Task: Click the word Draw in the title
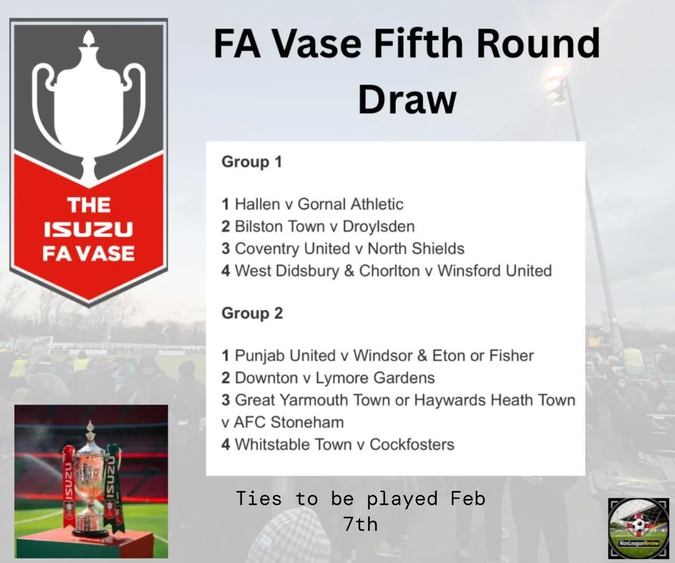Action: coord(407,99)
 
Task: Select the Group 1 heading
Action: coord(252,162)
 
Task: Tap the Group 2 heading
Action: coord(252,314)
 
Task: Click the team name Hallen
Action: coord(258,204)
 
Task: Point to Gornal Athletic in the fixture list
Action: coord(350,204)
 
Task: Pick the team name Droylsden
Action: coord(378,227)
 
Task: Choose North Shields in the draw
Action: coord(416,249)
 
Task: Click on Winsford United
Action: coord(495,271)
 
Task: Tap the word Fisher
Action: coord(511,356)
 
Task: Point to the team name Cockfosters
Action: coord(412,445)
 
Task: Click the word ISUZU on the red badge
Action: coord(88,230)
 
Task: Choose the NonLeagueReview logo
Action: coord(638,528)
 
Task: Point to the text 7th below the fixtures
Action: coord(361,524)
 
